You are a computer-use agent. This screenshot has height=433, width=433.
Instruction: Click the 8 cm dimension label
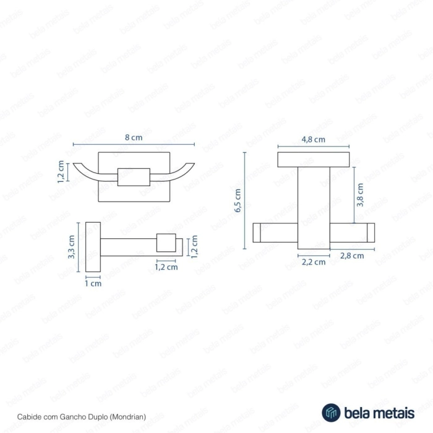click(x=134, y=137)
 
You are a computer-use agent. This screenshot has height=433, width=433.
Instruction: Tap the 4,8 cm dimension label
click(x=313, y=139)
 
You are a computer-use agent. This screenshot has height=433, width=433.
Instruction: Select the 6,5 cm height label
click(x=238, y=200)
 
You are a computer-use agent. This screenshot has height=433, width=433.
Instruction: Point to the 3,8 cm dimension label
click(x=360, y=195)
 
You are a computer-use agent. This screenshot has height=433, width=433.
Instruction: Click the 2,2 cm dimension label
click(x=314, y=262)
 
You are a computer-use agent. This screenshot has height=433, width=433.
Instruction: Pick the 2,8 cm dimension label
click(x=352, y=255)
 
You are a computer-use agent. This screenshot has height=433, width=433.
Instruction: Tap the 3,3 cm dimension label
click(x=71, y=247)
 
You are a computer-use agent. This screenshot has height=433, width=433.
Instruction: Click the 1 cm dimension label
click(x=93, y=283)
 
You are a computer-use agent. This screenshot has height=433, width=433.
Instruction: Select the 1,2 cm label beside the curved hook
click(x=61, y=171)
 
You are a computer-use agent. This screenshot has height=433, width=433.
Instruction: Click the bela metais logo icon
click(x=331, y=413)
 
